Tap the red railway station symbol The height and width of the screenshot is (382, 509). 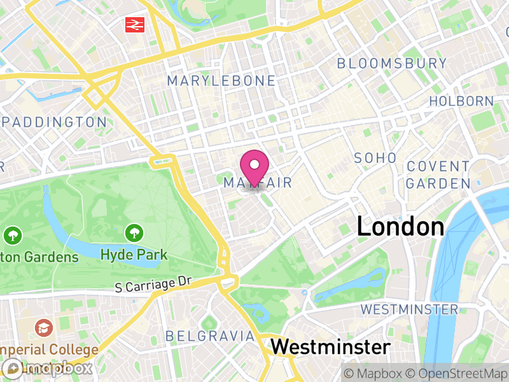point(134,24)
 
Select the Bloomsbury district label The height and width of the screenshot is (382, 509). point(392,63)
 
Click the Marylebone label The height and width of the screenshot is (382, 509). point(221,81)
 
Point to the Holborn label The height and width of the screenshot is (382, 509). point(461,101)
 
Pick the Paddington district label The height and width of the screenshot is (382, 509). point(55,122)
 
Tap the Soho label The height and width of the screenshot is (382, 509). point(375,158)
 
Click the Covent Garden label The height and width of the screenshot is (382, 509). point(438,174)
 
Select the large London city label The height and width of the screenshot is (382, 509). point(400,227)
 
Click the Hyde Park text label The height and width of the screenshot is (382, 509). point(134,255)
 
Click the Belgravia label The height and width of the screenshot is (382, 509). point(210,336)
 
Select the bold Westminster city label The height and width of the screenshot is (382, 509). point(330,347)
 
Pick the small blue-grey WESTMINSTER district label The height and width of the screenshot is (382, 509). point(409,309)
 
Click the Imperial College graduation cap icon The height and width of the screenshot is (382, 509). point(44,329)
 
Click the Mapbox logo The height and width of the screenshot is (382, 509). point(48,368)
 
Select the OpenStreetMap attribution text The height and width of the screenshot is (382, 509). point(457,374)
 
